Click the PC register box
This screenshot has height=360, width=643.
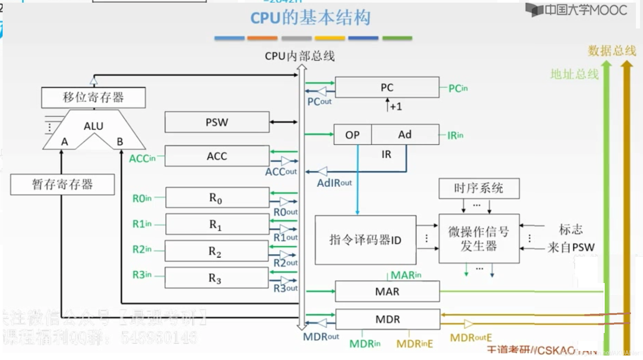pos(387,87)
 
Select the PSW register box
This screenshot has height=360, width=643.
pos(217,122)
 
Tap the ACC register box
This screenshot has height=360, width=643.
pos(217,156)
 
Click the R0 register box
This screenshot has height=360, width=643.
pos(217,197)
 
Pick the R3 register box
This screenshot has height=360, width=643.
pos(216,278)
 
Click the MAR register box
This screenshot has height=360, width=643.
pos(387,291)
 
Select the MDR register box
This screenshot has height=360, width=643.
pos(387,319)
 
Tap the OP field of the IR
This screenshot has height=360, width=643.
pos(352,135)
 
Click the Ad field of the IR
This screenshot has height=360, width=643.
pos(405,134)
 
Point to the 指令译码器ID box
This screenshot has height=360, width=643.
pos(365,239)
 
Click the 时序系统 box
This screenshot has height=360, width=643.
pos(479,188)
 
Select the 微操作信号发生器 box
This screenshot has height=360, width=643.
pos(479,238)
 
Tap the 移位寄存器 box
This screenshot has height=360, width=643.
pos(93,97)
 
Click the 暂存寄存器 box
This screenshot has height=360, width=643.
pos(62,184)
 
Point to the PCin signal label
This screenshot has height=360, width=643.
pos(458,89)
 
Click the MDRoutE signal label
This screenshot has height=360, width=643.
pos(471,337)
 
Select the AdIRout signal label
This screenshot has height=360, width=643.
pos(334,183)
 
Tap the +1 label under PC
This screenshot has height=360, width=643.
pos(396,107)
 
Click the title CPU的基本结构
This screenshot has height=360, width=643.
pos(310,18)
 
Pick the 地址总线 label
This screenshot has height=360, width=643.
pos(574,74)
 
